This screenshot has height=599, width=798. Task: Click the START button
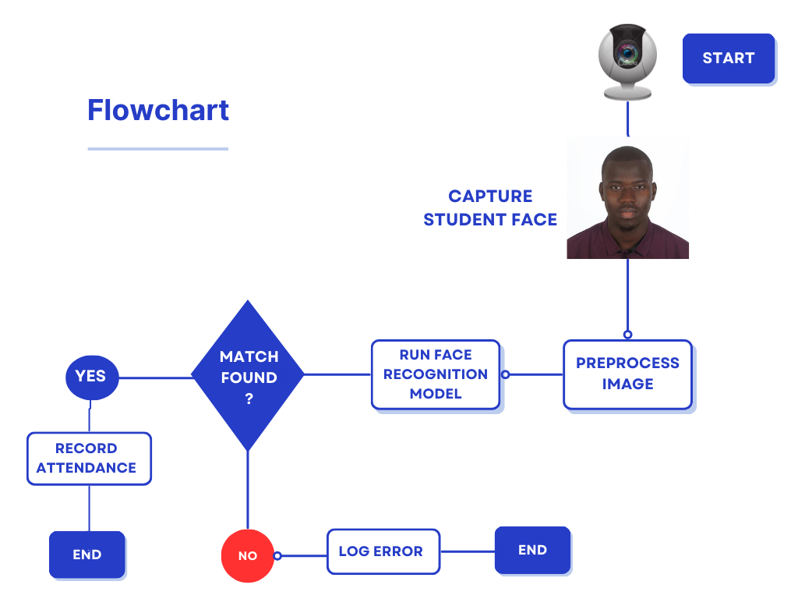728,58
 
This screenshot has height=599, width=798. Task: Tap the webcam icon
627,62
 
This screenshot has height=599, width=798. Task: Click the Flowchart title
158,110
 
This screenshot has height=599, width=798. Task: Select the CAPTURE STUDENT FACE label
490,208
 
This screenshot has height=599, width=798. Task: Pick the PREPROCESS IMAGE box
627,374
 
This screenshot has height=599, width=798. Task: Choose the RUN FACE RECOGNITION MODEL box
435,374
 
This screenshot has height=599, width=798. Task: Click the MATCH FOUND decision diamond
248,375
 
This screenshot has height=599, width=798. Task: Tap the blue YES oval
91,377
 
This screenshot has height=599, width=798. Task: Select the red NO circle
248,556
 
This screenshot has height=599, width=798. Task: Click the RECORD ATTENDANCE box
89,459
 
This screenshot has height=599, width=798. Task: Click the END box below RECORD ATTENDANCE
87,555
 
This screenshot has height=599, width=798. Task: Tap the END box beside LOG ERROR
532,550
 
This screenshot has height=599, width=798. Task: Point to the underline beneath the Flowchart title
158,148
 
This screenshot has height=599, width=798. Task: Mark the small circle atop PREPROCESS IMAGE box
627,335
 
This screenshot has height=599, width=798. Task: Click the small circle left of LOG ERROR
277,556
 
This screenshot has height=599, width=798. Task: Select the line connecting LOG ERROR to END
468,551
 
